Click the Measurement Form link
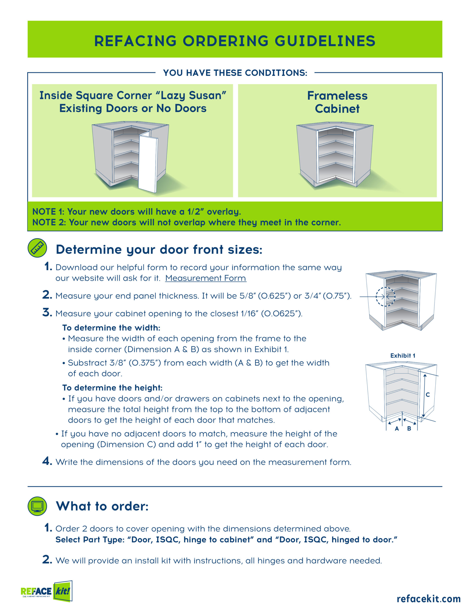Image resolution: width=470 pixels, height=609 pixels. pyautogui.click(x=206, y=278)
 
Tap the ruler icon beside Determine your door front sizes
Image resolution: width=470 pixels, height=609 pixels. pyautogui.click(x=37, y=248)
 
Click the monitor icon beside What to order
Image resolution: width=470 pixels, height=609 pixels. pyautogui.click(x=37, y=506)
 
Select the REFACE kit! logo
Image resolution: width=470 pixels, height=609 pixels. pyautogui.click(x=47, y=591)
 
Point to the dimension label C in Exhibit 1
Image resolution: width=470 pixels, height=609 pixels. pyautogui.click(x=428, y=395)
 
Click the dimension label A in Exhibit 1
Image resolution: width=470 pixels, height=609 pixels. pyautogui.click(x=397, y=429)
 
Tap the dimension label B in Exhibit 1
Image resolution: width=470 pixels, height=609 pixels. pyautogui.click(x=409, y=429)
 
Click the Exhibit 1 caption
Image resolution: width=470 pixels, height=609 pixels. pyautogui.click(x=403, y=356)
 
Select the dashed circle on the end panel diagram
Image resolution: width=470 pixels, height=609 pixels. pyautogui.click(x=385, y=297)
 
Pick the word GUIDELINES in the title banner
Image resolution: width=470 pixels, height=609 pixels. pyautogui.click(x=325, y=41)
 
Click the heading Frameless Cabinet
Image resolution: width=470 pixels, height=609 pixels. pyautogui.click(x=337, y=102)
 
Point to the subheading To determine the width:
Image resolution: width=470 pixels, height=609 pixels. pyautogui.click(x=111, y=328)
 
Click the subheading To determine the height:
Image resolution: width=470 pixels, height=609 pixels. pyautogui.click(x=112, y=388)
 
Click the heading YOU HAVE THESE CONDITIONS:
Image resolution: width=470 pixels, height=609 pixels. pyautogui.click(x=235, y=73)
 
